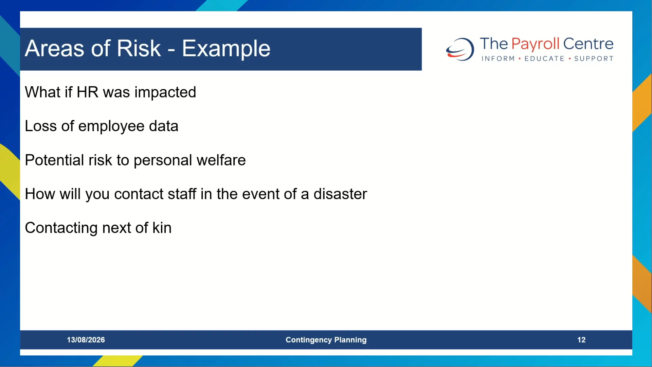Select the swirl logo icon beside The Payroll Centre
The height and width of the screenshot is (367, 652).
460,49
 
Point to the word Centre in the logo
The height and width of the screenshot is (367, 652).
588,44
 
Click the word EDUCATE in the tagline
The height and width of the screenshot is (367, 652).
544,59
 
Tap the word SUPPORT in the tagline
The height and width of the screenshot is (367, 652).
594,59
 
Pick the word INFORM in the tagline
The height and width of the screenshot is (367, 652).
498,59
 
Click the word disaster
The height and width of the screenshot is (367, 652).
340,194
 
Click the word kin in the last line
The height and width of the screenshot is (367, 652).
162,228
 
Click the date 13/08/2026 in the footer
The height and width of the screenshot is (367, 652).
86,340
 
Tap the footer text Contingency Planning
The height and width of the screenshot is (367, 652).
326,340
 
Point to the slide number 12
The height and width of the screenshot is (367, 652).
581,340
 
